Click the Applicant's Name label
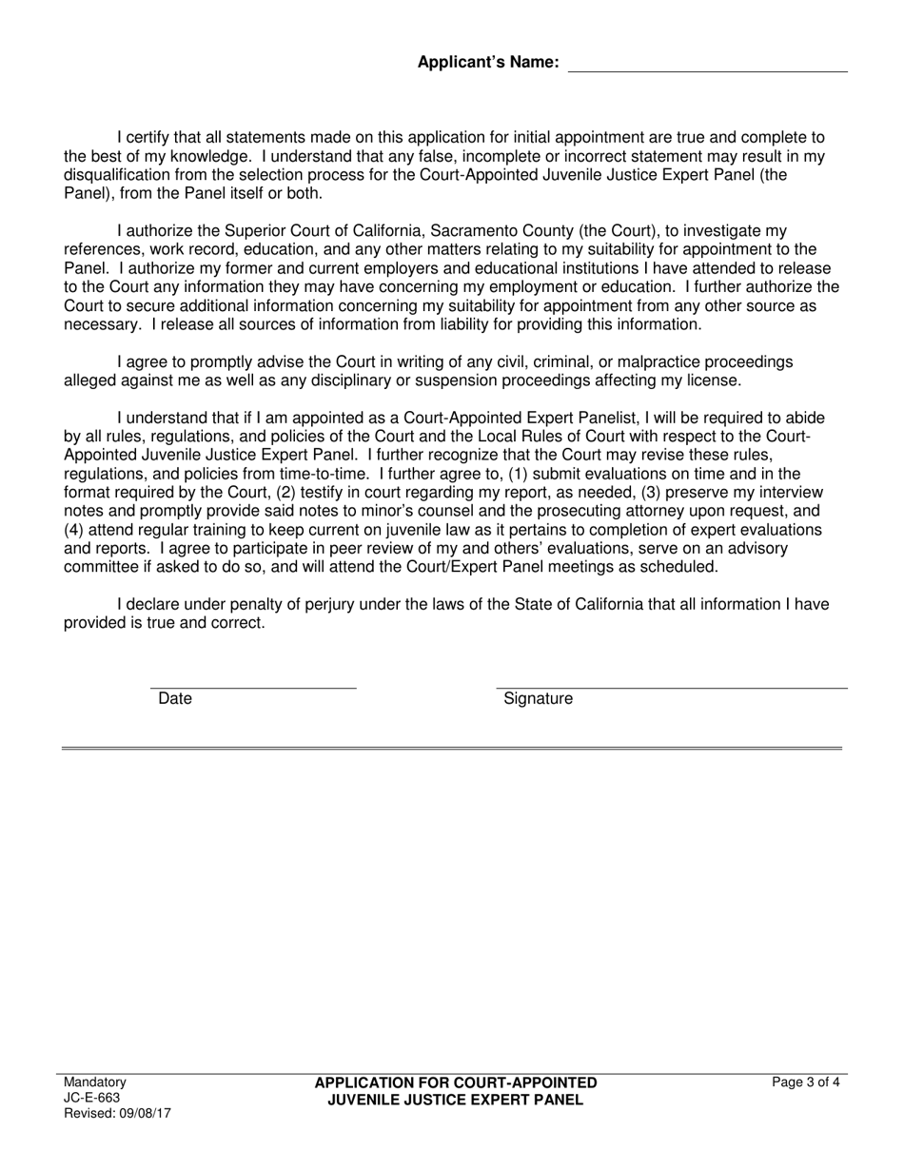tap(487, 63)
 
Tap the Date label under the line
tap(175, 699)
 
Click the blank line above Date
tap(253, 686)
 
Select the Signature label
tap(539, 699)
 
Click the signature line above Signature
tap(671, 686)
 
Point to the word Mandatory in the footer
tap(94, 1082)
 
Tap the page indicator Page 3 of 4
tap(806, 1082)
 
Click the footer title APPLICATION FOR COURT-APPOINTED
tap(456, 1083)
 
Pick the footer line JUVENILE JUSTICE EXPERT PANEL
tap(456, 1100)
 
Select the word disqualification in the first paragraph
tap(122, 175)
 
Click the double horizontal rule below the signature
tap(452, 749)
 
